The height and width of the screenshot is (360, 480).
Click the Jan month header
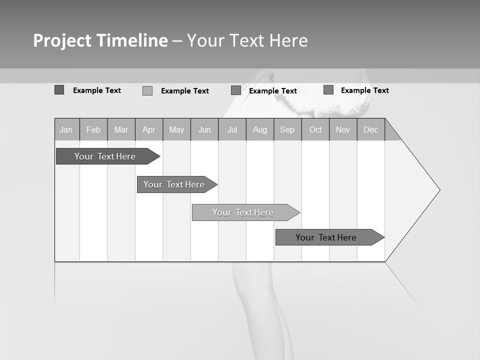click(x=66, y=129)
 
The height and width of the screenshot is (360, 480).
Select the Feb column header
click(x=93, y=129)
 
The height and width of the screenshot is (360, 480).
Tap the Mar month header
click(x=121, y=129)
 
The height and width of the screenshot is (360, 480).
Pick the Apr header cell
click(x=149, y=129)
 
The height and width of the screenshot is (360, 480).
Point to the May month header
click(x=176, y=129)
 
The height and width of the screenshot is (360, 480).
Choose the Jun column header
click(x=204, y=129)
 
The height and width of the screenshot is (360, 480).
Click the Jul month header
click(x=232, y=129)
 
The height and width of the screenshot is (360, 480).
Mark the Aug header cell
click(x=260, y=129)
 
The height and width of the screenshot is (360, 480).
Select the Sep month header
click(x=287, y=129)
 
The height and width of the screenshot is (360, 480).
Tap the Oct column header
click(x=315, y=129)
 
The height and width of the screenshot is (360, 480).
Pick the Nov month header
click(x=343, y=129)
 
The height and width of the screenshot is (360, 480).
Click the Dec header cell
click(x=371, y=129)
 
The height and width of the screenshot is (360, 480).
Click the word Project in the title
click(x=62, y=40)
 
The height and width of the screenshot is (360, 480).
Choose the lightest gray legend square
click(x=147, y=90)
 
